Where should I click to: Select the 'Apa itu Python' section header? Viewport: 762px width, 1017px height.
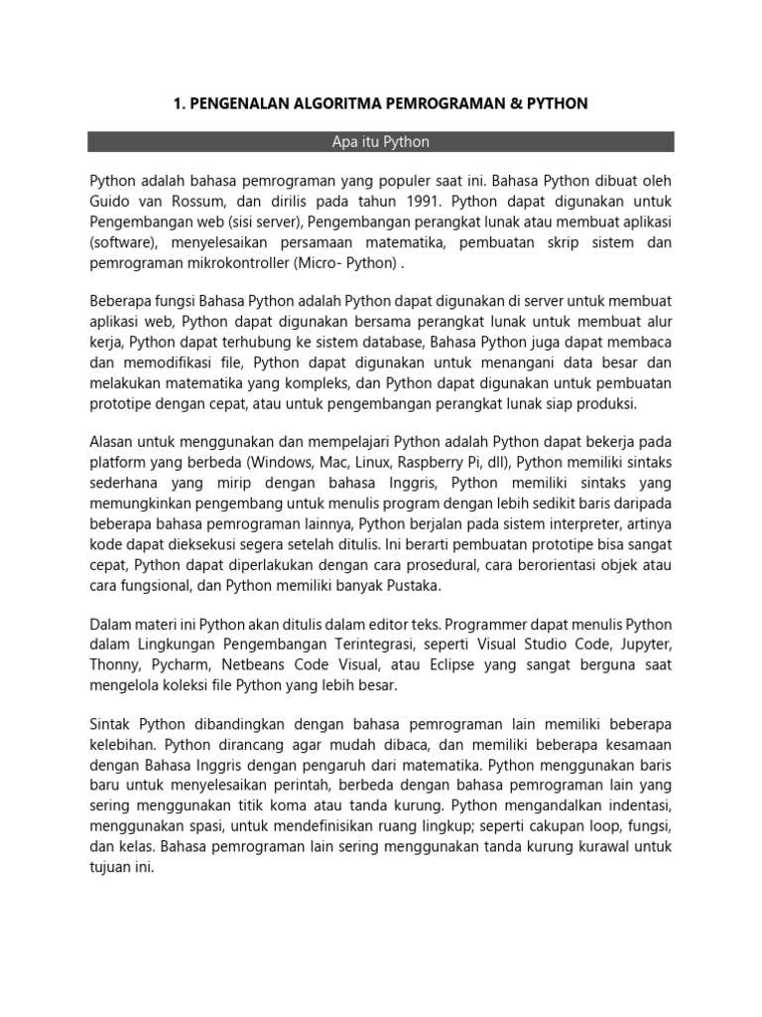pos(381,142)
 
